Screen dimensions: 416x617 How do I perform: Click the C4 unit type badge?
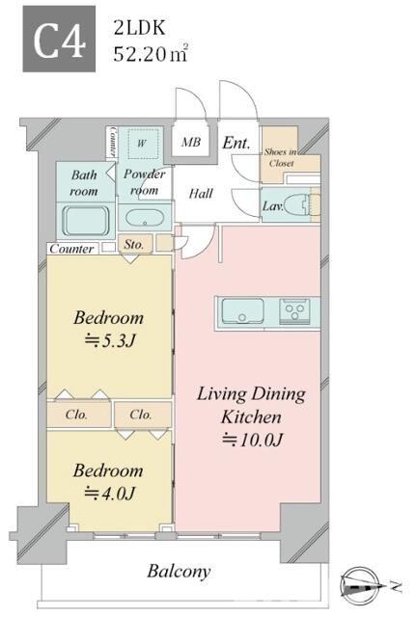[x=59, y=39]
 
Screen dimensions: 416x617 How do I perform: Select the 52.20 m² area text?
[x=151, y=54]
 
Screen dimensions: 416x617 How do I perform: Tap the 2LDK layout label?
[x=139, y=28]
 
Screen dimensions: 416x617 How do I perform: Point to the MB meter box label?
[x=191, y=142]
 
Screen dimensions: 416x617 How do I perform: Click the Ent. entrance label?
[x=236, y=143]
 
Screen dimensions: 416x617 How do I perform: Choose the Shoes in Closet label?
[x=281, y=157]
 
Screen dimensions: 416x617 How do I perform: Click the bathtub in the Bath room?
[x=86, y=221]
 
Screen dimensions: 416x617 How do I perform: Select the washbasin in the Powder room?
[x=144, y=218]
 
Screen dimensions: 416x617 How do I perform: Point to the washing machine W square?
[x=142, y=144]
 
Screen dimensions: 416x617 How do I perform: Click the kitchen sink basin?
[x=242, y=311]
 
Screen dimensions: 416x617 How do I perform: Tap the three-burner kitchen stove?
[x=294, y=311]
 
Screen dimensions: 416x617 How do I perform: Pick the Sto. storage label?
[x=134, y=244]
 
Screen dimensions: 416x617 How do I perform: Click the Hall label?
[x=201, y=193]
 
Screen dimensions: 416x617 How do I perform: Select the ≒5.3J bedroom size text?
[x=110, y=340]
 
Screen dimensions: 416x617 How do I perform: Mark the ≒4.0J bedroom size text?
[x=110, y=493]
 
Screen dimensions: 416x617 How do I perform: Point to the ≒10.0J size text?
[x=252, y=440]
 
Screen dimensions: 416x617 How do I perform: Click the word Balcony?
[x=179, y=572]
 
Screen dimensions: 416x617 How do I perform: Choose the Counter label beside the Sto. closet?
[x=71, y=249]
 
